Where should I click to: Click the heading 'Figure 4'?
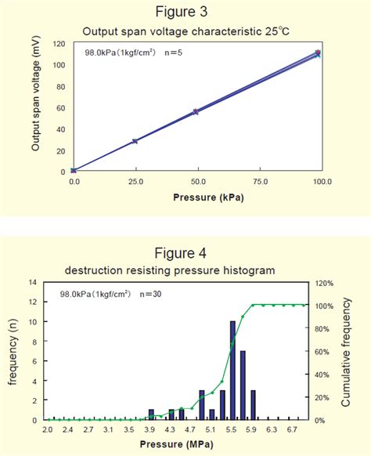coord(185,252)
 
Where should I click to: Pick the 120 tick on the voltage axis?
coord(58,44)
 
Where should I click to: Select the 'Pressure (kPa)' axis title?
coord(196,197)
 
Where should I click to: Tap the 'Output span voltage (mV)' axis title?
coord(35,107)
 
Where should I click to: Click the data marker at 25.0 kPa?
coord(135,141)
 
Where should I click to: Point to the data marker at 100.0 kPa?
coord(317,54)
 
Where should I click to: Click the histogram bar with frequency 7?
coord(243,385)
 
